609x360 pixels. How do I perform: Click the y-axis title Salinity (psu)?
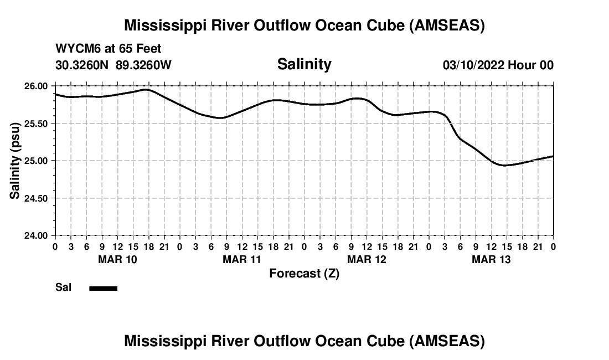click(x=15, y=161)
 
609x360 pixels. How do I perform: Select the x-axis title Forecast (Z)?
click(x=304, y=274)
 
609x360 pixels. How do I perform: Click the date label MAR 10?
click(x=117, y=260)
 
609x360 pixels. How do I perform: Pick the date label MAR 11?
click(x=242, y=260)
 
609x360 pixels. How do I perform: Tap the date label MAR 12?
click(x=367, y=260)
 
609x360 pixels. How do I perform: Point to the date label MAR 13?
click(x=491, y=260)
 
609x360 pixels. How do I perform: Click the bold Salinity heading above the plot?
click(x=304, y=64)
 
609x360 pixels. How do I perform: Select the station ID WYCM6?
click(x=75, y=49)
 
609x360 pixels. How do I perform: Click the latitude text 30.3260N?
click(x=83, y=65)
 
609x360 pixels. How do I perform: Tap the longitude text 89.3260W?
click(x=143, y=65)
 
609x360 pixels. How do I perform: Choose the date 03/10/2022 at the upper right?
click(x=473, y=65)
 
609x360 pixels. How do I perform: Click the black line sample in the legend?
click(x=104, y=288)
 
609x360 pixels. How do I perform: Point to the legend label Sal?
click(x=63, y=288)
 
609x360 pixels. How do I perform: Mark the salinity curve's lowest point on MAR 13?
click(x=504, y=165)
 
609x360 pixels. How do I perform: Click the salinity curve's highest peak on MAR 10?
click(x=146, y=89)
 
